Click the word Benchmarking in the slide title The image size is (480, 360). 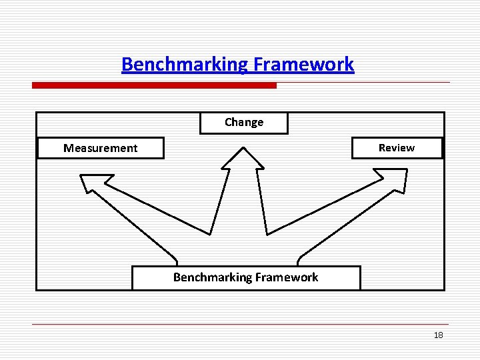[183, 65]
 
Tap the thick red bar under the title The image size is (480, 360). [154, 85]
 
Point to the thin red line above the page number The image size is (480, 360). [240, 324]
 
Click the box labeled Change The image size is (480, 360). [244, 123]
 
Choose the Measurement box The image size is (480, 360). [101, 148]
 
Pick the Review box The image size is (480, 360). [397, 148]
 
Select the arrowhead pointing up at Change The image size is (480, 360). [243, 159]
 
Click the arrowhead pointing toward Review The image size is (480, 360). [394, 178]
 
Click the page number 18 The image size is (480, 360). [438, 335]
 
